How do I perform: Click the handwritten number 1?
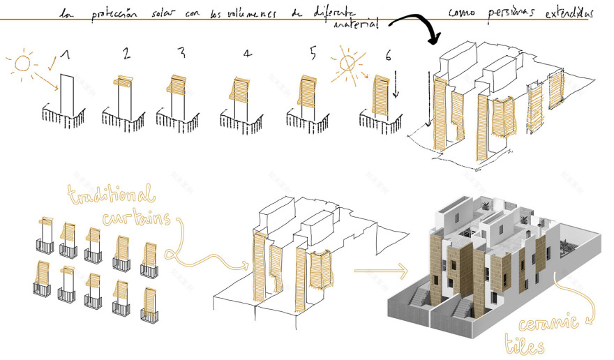tap(65, 55)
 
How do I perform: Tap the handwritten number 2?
tap(126, 54)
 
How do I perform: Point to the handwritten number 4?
tap(247, 54)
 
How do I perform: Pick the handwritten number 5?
tap(313, 54)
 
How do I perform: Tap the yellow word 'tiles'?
tap(524, 344)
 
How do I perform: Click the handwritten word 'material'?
tap(357, 24)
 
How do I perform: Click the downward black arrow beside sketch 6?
tap(395, 87)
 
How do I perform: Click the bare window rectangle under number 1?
tap(68, 93)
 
